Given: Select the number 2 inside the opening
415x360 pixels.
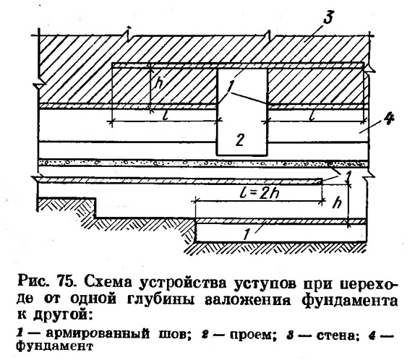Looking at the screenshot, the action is pos(240,140).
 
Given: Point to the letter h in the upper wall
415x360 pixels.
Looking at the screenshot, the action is pos(159,83).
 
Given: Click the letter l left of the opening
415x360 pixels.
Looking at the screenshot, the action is pos(166,116).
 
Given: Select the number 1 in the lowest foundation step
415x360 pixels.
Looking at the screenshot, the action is pos(247,234).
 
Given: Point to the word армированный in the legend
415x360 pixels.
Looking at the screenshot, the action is pos(98,334).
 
